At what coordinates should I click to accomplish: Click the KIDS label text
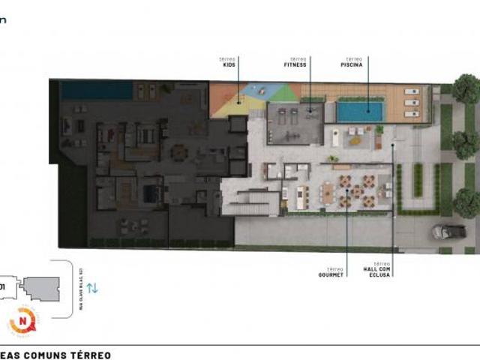click(229, 65)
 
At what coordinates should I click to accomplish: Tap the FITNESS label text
click(295, 65)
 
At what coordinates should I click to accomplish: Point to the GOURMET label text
click(330, 275)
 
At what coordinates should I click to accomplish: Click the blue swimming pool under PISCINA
click(360, 112)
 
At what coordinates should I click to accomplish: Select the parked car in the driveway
click(448, 232)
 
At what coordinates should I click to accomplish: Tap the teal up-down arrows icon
click(92, 287)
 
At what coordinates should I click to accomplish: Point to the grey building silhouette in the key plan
click(41, 286)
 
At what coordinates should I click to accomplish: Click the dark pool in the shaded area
click(96, 91)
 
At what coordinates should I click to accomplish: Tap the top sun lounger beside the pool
click(411, 93)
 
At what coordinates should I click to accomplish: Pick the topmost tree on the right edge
click(465, 88)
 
